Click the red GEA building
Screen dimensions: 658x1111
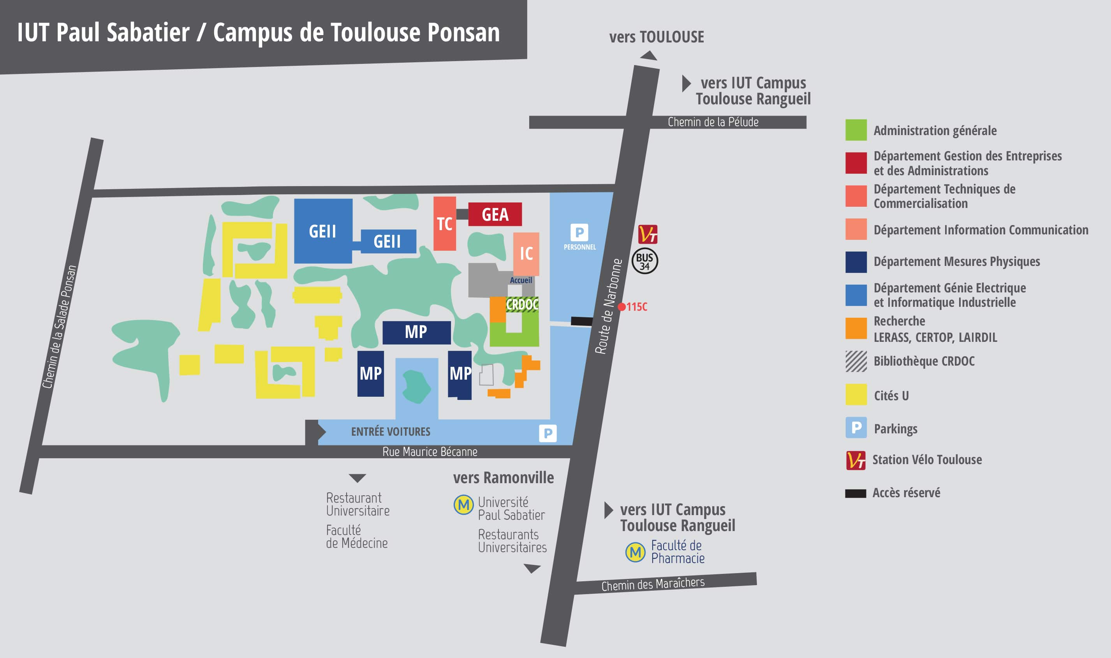pos(495,215)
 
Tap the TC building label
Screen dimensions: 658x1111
pos(444,224)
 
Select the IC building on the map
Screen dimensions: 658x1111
pos(526,253)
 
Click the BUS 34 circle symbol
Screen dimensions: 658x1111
pos(644,262)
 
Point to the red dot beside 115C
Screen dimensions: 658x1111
pos(622,307)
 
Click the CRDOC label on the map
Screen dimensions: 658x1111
pos(522,304)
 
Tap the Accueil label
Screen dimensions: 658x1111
pos(521,280)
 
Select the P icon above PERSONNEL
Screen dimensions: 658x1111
pos(579,232)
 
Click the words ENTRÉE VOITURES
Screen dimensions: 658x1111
pos(391,431)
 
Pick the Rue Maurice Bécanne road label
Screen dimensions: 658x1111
pos(430,452)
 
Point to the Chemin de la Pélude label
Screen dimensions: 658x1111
pos(713,122)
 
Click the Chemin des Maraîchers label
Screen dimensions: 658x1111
pos(653,584)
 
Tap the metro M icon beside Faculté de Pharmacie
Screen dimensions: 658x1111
pos(635,552)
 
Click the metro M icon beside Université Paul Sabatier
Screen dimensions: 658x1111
pos(464,505)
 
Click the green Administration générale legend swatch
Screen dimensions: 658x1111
pos(856,130)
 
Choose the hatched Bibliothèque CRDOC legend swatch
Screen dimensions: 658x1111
pos(856,361)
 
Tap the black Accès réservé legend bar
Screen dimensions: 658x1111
pos(855,494)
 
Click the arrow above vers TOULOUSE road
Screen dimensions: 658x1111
pos(649,55)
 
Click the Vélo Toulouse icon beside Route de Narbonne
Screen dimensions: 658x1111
pos(648,234)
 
